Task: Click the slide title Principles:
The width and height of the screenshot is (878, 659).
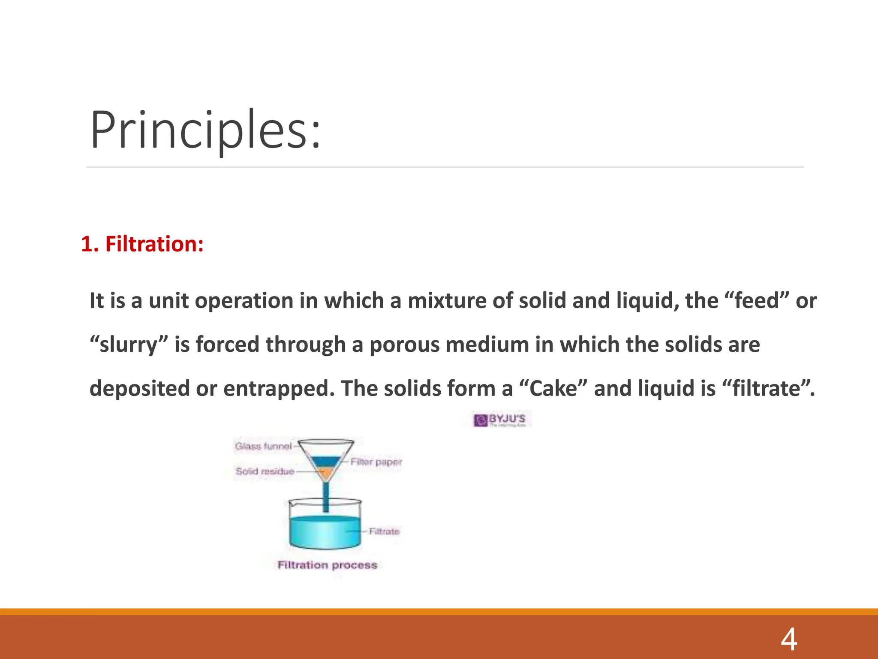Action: click(x=205, y=130)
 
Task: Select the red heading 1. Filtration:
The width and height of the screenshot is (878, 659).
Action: click(x=142, y=244)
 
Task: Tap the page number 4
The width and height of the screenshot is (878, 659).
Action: click(x=788, y=639)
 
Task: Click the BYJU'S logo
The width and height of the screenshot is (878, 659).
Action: click(x=502, y=420)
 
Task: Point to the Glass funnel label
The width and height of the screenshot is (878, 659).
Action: click(x=263, y=446)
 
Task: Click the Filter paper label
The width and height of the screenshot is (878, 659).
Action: click(x=376, y=462)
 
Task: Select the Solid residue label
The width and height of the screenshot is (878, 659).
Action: click(x=265, y=471)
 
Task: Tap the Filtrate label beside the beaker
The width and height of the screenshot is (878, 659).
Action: click(x=384, y=531)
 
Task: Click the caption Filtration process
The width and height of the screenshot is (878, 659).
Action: click(x=327, y=565)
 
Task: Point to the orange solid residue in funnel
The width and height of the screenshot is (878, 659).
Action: click(x=326, y=473)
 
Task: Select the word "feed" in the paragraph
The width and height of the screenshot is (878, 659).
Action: click(x=756, y=300)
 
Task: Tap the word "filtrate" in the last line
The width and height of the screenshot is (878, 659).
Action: click(x=766, y=388)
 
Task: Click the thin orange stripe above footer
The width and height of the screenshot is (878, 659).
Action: click(x=439, y=611)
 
